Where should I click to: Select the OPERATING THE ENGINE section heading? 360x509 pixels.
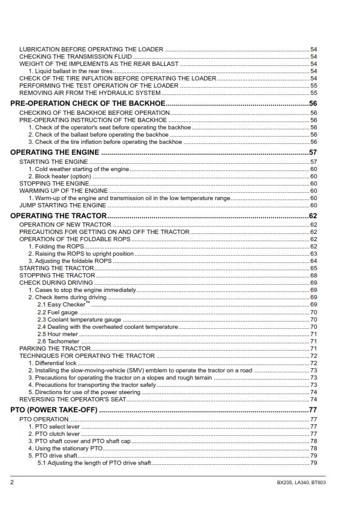[55, 152]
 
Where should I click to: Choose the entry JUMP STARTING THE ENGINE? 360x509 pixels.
[62, 205]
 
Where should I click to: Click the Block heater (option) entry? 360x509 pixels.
[63, 177]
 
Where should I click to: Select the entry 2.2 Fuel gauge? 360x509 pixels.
[57, 312]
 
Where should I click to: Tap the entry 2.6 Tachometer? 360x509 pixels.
[59, 341]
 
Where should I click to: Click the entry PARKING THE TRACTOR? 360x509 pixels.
[55, 348]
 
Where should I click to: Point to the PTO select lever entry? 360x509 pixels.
[57, 426]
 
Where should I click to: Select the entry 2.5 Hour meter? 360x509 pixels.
[58, 334]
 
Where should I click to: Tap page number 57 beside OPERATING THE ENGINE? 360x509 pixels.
[313, 152]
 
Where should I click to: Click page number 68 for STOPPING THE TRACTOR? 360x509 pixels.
[314, 276]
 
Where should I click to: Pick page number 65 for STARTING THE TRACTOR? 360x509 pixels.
[314, 268]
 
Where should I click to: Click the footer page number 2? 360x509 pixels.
[12, 482]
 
